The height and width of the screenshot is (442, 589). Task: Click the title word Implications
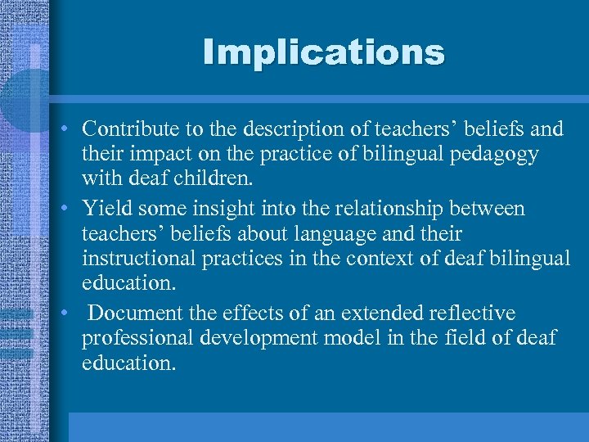(x=324, y=52)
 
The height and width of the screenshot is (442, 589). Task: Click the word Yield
(x=105, y=208)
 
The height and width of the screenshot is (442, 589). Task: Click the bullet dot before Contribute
(x=63, y=129)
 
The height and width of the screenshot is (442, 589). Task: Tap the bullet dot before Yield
(x=63, y=209)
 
